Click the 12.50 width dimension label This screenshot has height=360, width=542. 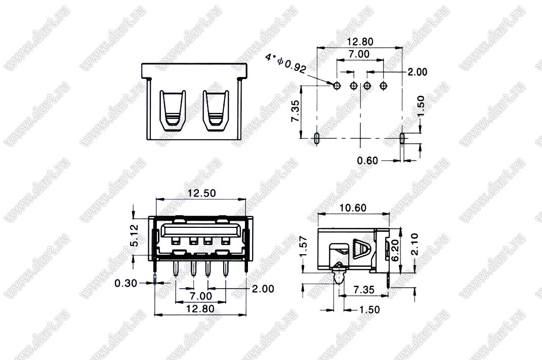tap(201, 193)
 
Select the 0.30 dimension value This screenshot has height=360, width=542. tap(126, 284)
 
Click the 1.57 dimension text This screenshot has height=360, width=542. tap(304, 247)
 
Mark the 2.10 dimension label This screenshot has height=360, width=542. tap(414, 244)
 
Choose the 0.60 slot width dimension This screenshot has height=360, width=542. tap(367, 161)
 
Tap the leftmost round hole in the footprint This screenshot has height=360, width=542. tap(337, 85)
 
